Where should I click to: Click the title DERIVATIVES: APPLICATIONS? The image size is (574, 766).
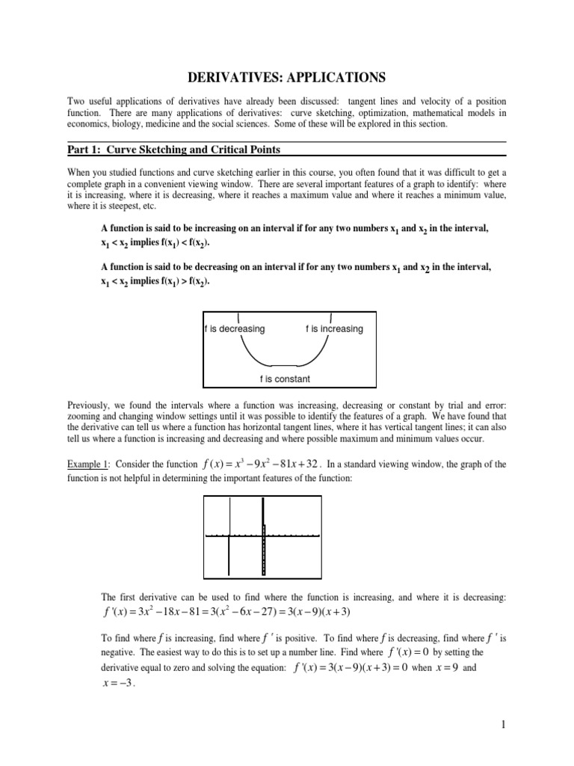[x=286, y=76]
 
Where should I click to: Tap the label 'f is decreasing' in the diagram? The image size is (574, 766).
[x=235, y=328]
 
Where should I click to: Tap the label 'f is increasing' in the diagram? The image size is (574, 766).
[x=334, y=328]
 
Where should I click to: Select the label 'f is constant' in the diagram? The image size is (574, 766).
[x=285, y=379]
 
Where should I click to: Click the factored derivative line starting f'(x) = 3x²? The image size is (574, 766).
[x=226, y=612]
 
